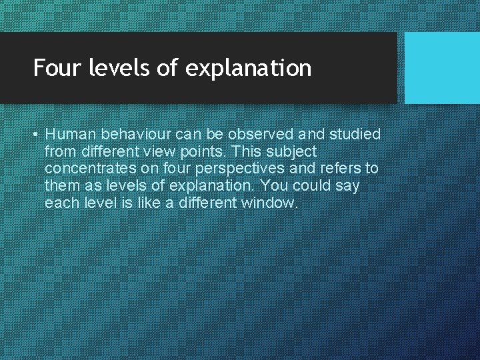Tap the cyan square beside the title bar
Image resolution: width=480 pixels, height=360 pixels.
442,68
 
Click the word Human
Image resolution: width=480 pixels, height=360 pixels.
69,134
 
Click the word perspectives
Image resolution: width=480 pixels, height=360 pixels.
235,169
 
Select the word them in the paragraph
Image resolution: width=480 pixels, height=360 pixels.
62,185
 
